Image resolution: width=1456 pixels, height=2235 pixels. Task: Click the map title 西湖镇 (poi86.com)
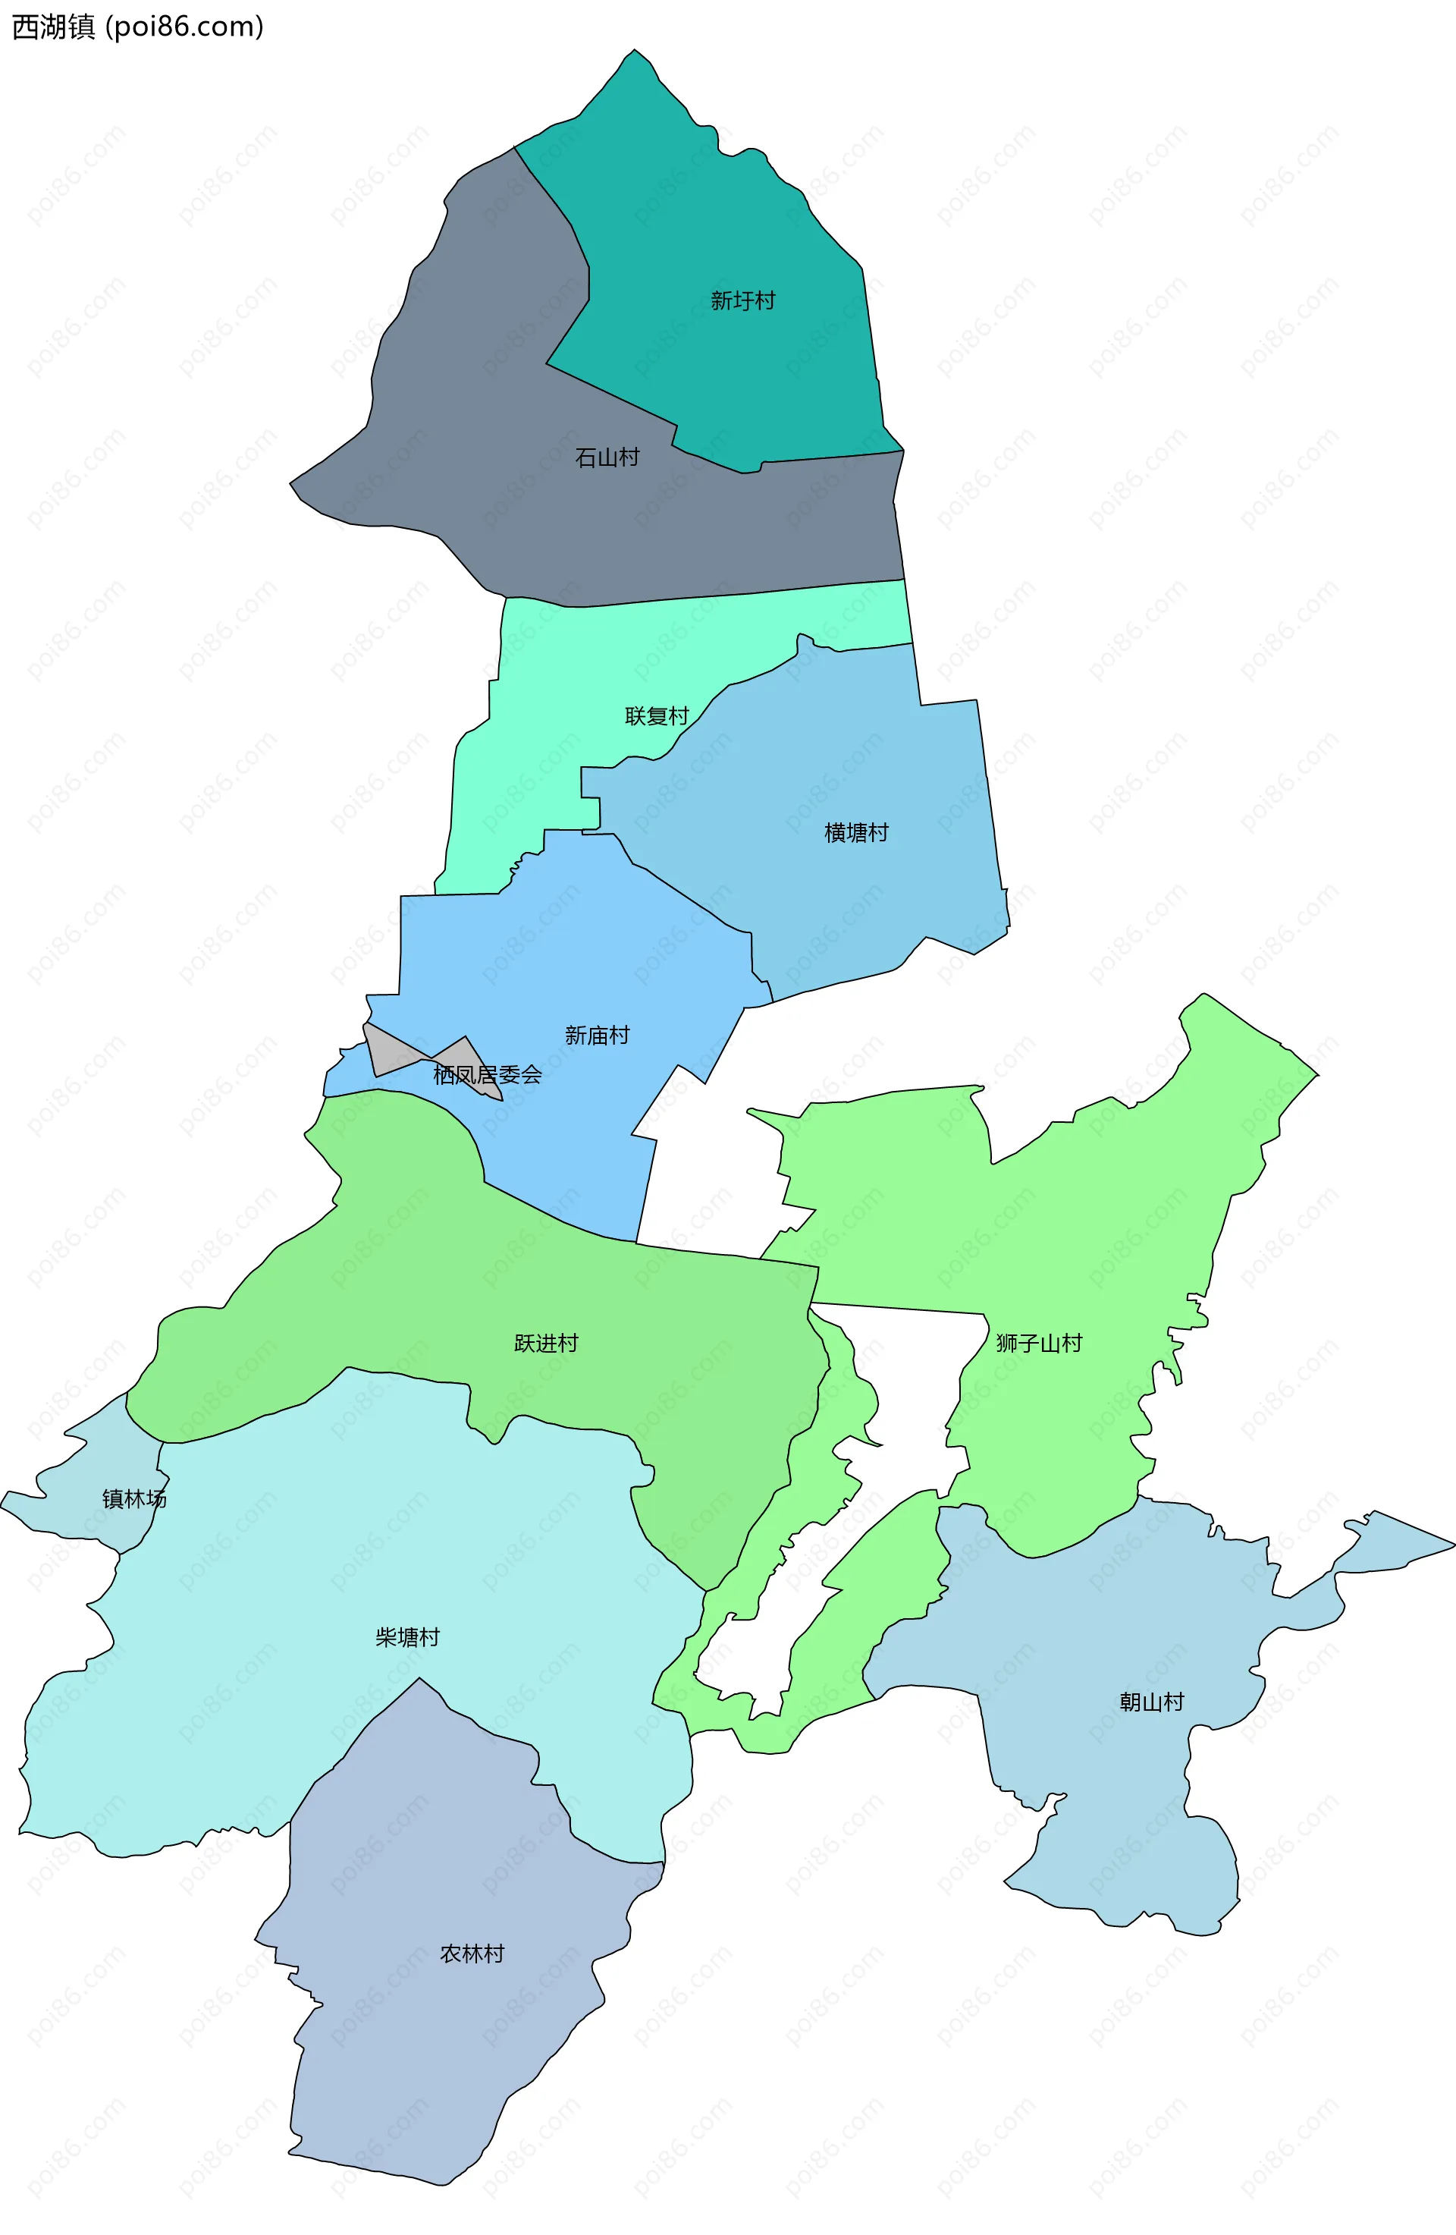[137, 27]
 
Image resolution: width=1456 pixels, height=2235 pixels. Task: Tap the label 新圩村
[742, 300]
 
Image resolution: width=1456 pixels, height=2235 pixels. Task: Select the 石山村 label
[607, 457]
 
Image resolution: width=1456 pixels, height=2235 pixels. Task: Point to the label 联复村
[656, 716]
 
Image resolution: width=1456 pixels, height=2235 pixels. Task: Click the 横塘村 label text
[855, 833]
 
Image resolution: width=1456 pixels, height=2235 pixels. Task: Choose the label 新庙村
[596, 1035]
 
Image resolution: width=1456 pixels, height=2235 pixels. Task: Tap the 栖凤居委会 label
[487, 1074]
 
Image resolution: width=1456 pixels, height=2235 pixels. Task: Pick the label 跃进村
[545, 1343]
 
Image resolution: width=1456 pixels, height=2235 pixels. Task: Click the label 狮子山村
[1038, 1343]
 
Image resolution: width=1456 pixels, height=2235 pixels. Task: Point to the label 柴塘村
[407, 1638]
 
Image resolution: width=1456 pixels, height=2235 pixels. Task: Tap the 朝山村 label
[1151, 1702]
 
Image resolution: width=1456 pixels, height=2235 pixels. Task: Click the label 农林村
[472, 1954]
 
